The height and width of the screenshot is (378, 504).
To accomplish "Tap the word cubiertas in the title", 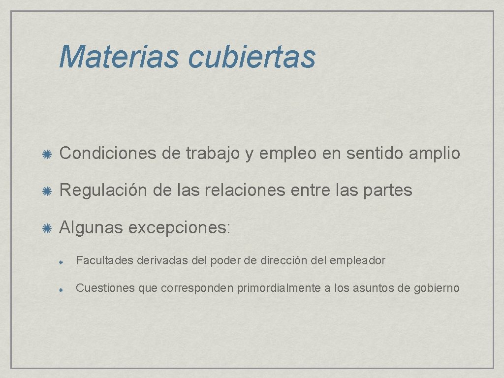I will coord(251,57).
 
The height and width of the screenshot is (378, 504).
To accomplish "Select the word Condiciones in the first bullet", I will coord(107,154).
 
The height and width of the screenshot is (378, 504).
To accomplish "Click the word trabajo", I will coord(213,154).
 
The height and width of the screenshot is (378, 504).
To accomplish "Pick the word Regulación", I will coord(103,190).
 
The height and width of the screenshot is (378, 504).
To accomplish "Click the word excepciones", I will coord(180,228).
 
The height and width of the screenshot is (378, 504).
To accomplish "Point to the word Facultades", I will coord(105,260).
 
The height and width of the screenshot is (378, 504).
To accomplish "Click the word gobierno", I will coord(437,288).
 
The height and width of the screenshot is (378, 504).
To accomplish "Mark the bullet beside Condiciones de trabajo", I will coord(48,154).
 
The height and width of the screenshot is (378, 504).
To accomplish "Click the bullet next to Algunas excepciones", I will coord(48,227).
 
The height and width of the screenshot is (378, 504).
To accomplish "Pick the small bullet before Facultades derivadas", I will coord(60,261).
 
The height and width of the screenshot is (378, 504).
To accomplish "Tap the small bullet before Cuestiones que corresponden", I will coord(60,289).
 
